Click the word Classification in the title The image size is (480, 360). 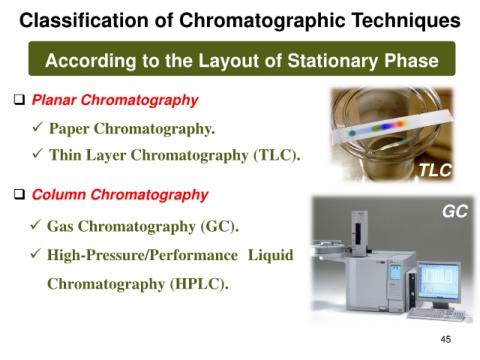(x=83, y=20)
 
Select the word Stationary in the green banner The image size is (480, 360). (x=333, y=61)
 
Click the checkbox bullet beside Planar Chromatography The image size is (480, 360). (x=20, y=100)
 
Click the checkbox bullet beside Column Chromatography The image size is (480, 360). (x=20, y=194)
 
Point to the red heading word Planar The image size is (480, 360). (x=54, y=100)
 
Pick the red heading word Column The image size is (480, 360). (x=59, y=194)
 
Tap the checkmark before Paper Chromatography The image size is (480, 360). (x=37, y=127)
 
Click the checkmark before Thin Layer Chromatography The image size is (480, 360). (x=37, y=153)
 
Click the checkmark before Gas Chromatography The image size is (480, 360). (x=35, y=225)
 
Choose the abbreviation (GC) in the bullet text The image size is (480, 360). (x=219, y=227)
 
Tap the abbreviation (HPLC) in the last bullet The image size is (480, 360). (x=199, y=284)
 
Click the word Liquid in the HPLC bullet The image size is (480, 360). (x=270, y=255)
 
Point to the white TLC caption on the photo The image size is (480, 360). (x=435, y=170)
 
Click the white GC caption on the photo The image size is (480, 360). (x=455, y=211)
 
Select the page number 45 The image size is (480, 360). (x=446, y=339)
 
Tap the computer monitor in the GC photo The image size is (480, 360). (x=439, y=283)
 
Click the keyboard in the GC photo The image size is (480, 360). (x=435, y=314)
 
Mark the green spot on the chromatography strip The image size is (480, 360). (x=352, y=133)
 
